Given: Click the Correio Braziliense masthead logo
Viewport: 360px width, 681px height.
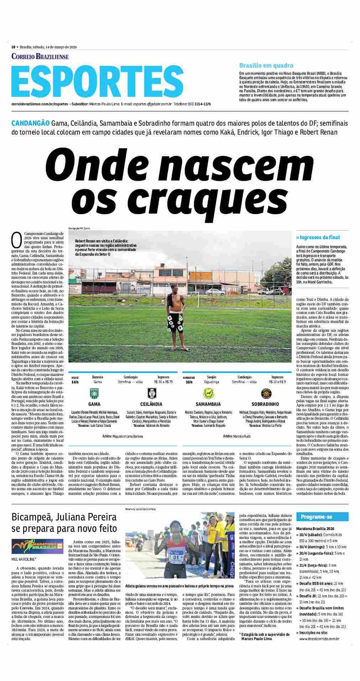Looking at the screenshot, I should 40,57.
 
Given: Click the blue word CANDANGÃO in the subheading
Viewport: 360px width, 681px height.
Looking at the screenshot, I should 30,123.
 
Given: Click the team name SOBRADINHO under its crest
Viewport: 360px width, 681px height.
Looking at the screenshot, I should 265,404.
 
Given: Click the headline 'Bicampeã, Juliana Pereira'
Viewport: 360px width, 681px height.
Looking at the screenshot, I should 64,517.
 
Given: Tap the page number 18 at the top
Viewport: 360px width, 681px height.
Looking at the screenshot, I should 13,47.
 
